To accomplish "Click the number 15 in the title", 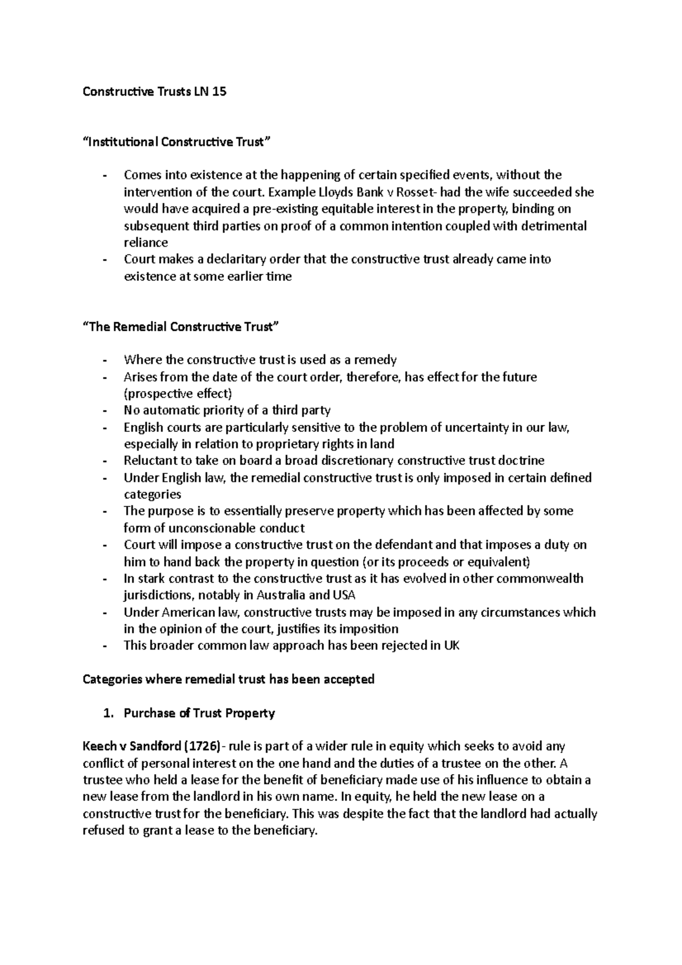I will click(218, 91).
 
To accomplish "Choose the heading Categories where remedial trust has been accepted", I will click(228, 679).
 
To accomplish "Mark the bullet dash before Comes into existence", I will click(105, 176).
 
